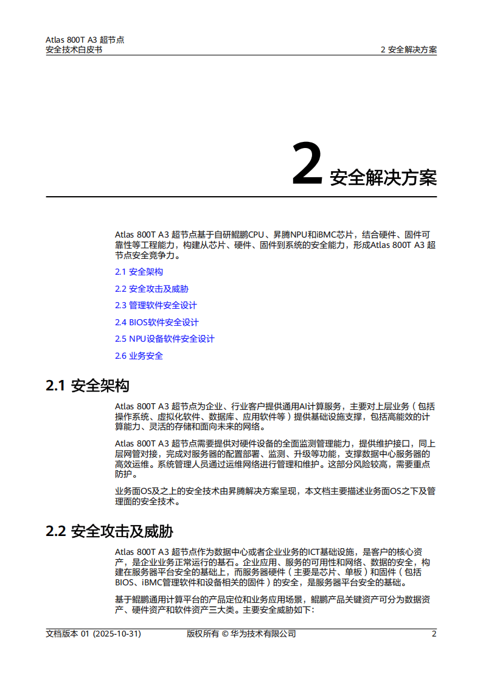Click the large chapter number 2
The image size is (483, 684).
307,164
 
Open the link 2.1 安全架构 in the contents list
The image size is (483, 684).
139,272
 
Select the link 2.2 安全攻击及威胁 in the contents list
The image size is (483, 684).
147,289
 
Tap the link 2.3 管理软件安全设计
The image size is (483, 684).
156,305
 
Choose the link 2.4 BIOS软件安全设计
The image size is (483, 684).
156,322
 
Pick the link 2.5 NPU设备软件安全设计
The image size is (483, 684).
164,339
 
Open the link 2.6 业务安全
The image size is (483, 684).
139,356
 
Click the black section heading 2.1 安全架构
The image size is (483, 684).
88,386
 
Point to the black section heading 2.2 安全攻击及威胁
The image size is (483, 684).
109,532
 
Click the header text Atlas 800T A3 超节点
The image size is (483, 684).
85,40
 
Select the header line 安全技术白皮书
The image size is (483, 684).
74,50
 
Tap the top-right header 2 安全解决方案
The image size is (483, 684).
408,50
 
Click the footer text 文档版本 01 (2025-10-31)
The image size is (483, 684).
94,633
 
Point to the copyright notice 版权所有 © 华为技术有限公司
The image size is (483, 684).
241,633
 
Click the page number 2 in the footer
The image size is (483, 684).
434,633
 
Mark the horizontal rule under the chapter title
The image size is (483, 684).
241,197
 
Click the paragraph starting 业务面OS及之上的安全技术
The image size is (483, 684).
275,496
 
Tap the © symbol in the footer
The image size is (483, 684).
224,633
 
